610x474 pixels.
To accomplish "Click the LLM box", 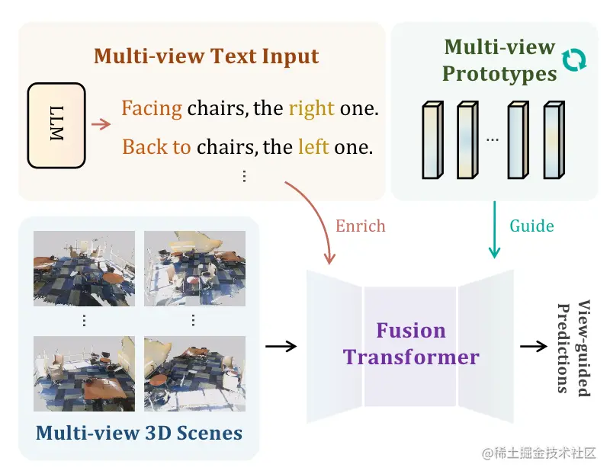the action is tap(56, 125).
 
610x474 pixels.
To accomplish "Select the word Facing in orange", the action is tap(151, 108).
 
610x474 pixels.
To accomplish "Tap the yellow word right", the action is tap(311, 108).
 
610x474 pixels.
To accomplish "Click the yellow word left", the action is tap(313, 147).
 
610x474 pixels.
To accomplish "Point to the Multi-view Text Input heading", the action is tap(206, 56).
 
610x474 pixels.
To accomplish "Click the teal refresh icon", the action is tap(574, 60).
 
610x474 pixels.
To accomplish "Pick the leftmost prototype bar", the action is tap(432, 140).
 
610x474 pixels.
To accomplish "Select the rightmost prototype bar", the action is tap(554, 140).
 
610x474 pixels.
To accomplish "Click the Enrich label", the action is tap(360, 226).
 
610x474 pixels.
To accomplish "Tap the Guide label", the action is tap(531, 226).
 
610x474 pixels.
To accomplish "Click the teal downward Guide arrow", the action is tap(494, 229).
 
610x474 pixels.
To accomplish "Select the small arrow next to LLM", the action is tap(101, 124).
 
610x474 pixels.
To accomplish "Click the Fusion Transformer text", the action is tap(411, 344).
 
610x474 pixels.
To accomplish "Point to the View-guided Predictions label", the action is tap(575, 348).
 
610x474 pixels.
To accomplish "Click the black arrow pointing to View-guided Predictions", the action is tap(534, 346).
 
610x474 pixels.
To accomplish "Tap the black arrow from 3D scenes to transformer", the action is tap(281, 346).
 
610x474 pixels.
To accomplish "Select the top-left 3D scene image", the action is tap(84, 268).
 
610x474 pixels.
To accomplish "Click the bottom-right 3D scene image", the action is tap(195, 373).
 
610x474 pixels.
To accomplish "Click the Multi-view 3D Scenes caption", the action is tap(139, 433).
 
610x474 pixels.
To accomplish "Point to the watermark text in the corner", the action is tap(539, 453).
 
